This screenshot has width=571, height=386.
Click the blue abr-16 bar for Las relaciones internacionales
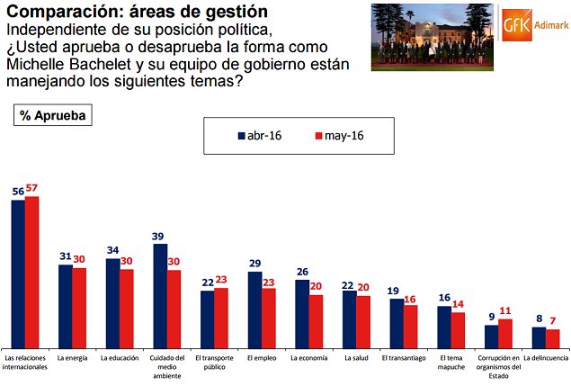pos(18,274)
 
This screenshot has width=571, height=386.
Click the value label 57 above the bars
pos(32,190)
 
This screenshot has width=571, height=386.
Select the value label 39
pos(159,237)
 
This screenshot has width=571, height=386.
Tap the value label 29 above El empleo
pos(254,265)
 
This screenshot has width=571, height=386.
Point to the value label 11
pos(504,312)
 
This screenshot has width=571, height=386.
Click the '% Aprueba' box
pos(52,115)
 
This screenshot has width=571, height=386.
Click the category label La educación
pos(119,357)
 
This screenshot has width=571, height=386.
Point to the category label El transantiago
pos(403,357)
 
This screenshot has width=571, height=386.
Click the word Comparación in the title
pos(62,12)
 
